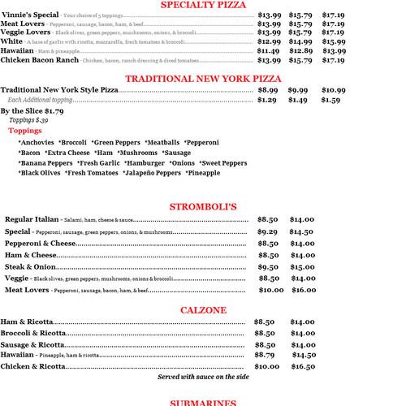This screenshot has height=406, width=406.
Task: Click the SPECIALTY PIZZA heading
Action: coord(203,5)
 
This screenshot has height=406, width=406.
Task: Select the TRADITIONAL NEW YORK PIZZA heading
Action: coord(203,78)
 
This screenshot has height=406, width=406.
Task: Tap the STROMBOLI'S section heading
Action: coord(203,207)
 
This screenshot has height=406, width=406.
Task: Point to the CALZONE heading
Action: coord(203,309)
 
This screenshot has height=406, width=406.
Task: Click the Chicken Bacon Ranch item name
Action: coord(39,60)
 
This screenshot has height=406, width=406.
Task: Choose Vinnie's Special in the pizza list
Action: coord(30,15)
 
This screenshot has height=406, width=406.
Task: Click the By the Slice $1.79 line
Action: coord(32,110)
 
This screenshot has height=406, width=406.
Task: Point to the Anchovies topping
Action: coord(37,142)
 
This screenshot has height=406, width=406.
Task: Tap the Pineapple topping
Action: coord(202,173)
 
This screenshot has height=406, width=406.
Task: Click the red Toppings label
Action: coord(24,130)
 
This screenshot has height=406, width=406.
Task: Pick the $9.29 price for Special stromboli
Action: coord(267,231)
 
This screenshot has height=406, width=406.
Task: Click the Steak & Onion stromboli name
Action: coord(30,266)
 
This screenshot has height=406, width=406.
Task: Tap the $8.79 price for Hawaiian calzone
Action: coord(264,355)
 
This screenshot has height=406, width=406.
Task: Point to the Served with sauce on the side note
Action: coord(203,378)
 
